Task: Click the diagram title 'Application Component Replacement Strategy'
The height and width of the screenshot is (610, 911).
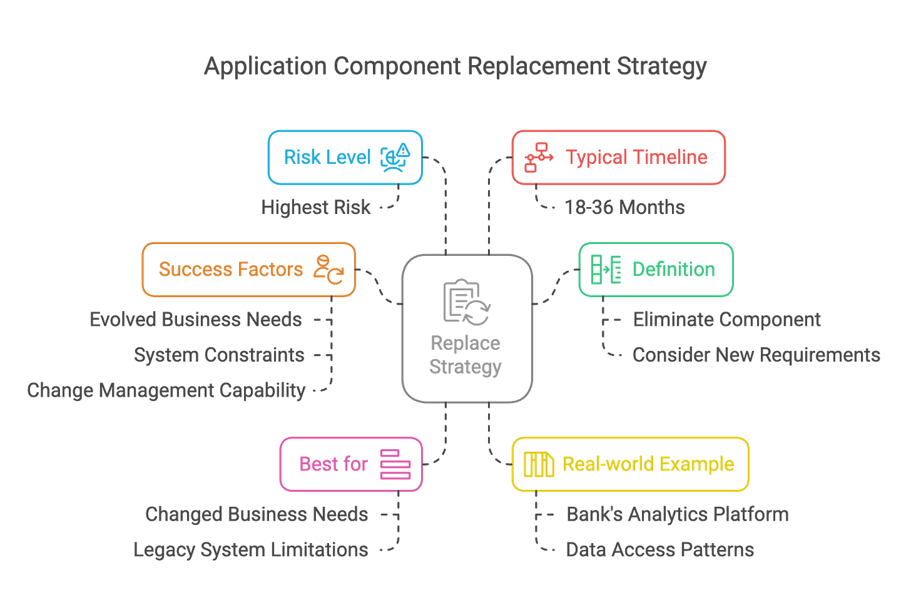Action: tap(455, 66)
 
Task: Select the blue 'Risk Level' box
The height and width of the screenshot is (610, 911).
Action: tap(345, 157)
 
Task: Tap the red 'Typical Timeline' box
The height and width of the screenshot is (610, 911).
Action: tap(618, 157)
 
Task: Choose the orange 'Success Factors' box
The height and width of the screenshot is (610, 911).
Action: tap(249, 269)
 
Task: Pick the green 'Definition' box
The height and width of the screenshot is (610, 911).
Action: tap(655, 269)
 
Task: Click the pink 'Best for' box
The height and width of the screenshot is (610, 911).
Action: tap(351, 464)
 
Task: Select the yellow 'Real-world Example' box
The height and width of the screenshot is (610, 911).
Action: tap(630, 464)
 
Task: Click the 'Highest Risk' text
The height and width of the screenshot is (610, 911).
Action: tap(316, 207)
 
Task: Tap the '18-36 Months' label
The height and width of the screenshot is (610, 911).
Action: tap(624, 207)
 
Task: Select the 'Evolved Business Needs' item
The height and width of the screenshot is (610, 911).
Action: tap(196, 320)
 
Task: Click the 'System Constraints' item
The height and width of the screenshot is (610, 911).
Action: tap(219, 355)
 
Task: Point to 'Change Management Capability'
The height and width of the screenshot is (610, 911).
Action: tap(166, 390)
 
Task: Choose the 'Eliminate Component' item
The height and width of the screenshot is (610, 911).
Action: tap(726, 320)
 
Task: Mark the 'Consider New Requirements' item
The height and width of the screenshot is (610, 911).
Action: tap(756, 355)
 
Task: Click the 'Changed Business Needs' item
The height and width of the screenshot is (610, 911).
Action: tap(257, 514)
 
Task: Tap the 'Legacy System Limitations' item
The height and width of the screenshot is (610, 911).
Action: tap(251, 550)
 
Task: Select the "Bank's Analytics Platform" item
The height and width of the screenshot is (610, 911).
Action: tap(677, 514)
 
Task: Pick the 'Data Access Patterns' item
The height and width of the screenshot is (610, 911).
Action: tap(659, 550)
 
